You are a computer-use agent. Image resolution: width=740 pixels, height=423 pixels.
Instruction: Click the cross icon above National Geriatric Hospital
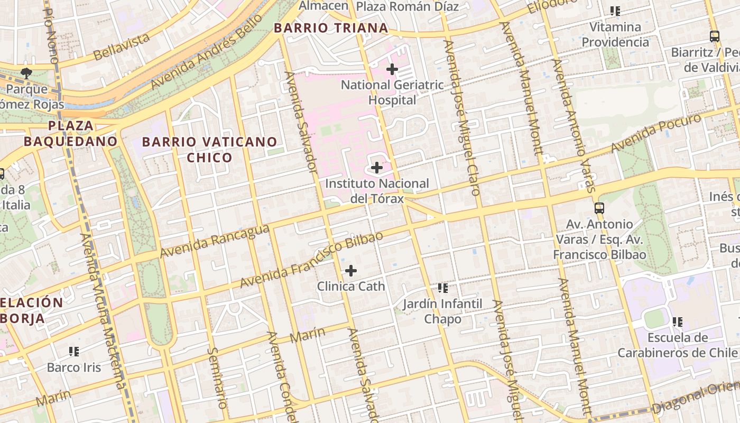pos(392,69)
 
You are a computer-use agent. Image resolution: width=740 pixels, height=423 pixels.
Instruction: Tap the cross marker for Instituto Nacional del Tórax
pos(376,168)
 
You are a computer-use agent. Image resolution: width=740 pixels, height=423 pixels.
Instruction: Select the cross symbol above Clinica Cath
pos(350,271)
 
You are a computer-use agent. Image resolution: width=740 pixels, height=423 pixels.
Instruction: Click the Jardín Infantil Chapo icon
pos(443,288)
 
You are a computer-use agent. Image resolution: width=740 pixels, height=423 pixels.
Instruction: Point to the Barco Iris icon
pos(74,352)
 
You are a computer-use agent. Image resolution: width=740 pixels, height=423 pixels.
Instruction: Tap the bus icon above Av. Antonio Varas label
pos(599,208)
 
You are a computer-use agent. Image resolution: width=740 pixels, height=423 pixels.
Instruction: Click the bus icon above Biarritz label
pos(714,36)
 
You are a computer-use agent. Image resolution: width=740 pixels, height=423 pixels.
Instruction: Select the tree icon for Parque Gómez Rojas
pos(25,73)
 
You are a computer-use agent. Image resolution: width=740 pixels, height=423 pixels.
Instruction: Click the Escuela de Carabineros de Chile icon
pos(678,321)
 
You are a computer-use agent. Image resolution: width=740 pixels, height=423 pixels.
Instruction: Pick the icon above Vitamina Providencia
pos(615,11)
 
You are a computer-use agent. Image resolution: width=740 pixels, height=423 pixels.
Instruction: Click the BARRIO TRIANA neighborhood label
pos(331,28)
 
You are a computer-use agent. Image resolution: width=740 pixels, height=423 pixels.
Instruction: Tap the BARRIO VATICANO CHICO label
pos(209,150)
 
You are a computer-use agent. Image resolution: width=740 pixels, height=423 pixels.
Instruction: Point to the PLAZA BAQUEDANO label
pos(70,134)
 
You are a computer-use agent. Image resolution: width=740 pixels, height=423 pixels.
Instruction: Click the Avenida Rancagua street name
pos(215,241)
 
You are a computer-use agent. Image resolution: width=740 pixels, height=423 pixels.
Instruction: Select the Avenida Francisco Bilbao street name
pos(311,260)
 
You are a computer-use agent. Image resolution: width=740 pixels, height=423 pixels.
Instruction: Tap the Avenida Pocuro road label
pos(655,133)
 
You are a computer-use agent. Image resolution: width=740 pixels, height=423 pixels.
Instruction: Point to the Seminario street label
pos(217,378)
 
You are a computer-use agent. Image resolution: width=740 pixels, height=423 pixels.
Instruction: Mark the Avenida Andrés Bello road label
pos(206,52)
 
